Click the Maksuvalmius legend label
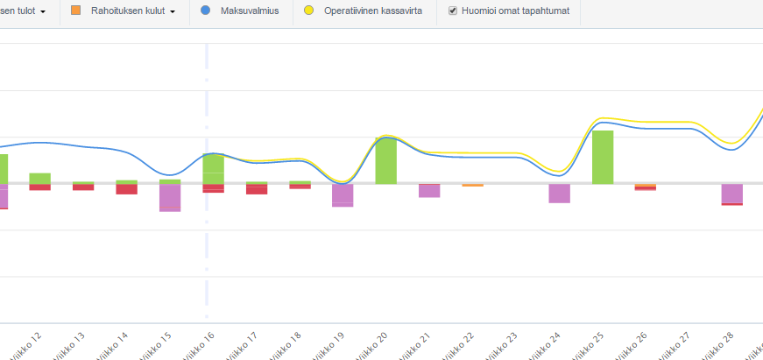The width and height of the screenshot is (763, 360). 250,11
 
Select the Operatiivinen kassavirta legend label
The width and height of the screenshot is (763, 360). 373,11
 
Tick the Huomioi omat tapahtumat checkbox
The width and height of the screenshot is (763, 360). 453,11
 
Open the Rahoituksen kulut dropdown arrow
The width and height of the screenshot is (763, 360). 173,12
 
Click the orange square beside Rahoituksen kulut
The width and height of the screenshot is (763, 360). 75,11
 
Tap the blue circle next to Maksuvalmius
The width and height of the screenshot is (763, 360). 205,11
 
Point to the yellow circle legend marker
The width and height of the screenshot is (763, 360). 308,11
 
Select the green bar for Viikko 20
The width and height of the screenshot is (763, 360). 385,160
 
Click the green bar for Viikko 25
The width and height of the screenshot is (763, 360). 603,157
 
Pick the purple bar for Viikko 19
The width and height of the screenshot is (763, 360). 343,194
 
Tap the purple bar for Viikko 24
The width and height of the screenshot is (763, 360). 560,193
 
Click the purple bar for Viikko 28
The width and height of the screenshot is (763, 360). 732,193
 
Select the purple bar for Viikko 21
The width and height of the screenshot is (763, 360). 429,190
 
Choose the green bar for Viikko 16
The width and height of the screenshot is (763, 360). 214,168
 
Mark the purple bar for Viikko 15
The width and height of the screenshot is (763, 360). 170,198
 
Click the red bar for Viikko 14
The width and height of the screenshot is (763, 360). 127,189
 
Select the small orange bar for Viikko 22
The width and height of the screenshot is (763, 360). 472,185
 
